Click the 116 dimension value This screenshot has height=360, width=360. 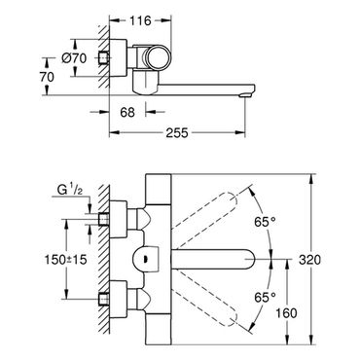[140, 21]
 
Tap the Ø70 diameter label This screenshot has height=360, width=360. [74, 58]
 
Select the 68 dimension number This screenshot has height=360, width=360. [127, 113]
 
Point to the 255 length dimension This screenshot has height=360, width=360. [177, 132]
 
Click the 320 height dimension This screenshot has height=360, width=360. [309, 260]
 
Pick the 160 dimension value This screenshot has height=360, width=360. [286, 313]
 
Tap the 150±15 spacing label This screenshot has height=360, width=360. [66, 259]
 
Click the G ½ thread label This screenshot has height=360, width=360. [70, 190]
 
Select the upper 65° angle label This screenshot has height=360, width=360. [265, 222]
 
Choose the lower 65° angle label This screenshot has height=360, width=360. [265, 297]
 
